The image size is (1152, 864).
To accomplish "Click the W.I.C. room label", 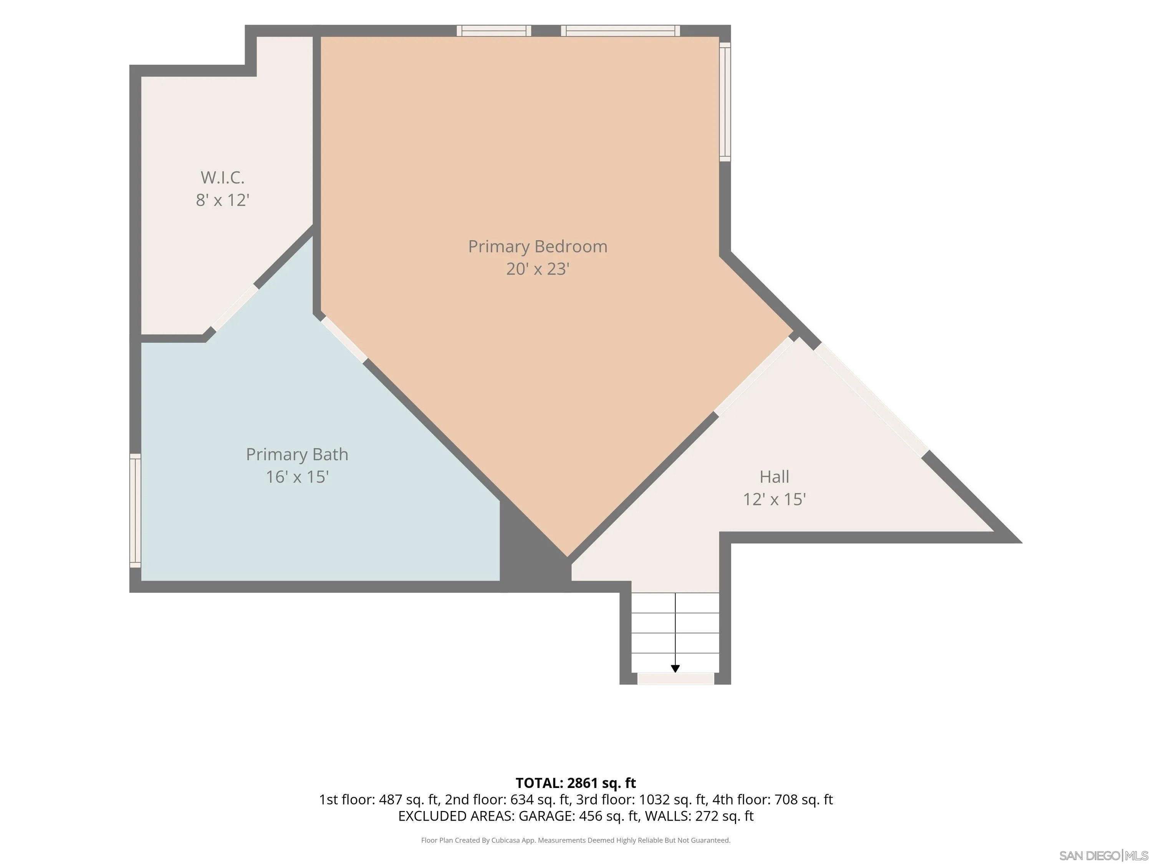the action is [x=222, y=177].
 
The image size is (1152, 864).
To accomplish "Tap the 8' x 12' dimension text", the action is [x=222, y=200].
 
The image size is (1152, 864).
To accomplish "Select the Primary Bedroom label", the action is [x=538, y=247].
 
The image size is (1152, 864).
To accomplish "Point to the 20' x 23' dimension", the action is [x=538, y=269].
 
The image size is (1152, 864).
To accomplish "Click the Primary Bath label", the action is [x=297, y=454].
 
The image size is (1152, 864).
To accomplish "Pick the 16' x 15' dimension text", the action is [x=297, y=477].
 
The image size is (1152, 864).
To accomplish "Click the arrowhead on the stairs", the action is [x=675, y=669].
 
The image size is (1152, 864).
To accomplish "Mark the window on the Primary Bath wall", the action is [x=135, y=510].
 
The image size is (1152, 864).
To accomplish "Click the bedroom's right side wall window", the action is [x=725, y=101].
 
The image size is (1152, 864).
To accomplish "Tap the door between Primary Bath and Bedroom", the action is [x=344, y=339].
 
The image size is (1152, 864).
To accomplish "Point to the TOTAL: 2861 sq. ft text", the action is [x=576, y=783].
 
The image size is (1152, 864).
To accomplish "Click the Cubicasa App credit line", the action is [x=576, y=840].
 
